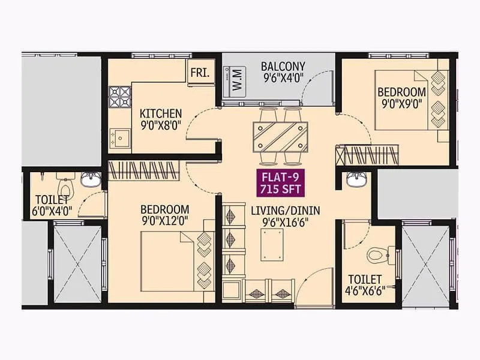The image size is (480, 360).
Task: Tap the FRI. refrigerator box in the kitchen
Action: coord(199,72)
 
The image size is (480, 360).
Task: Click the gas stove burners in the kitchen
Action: coord(119,96)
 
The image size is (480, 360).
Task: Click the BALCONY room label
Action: coord(283,66)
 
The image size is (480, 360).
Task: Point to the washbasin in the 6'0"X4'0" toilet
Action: coord(91,179)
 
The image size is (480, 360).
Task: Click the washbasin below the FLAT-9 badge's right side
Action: coord(356,178)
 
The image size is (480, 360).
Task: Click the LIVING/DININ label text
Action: coord(285,210)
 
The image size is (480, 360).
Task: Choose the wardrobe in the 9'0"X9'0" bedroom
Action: coord(367,155)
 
